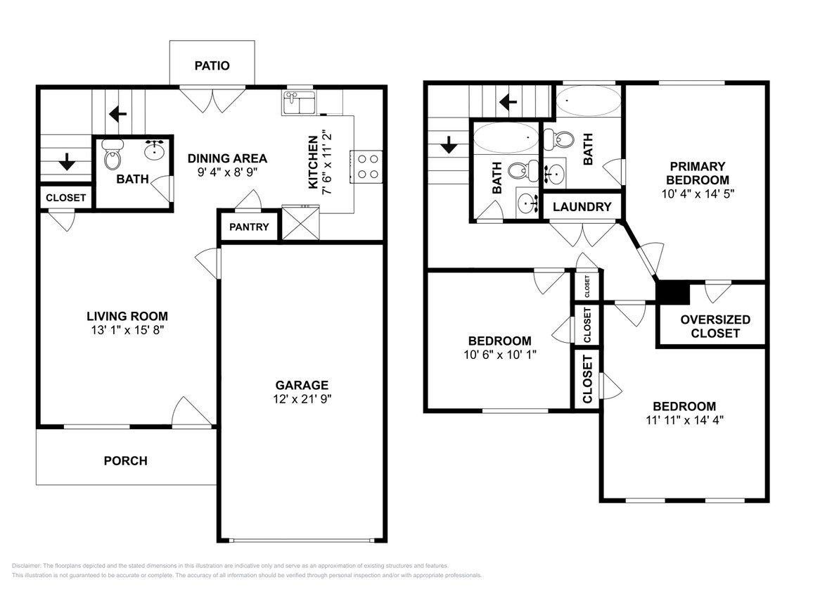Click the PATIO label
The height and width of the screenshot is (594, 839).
click(x=212, y=65)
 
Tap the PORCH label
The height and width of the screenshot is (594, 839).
click(x=126, y=461)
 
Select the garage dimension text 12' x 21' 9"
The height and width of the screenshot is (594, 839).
click(x=302, y=399)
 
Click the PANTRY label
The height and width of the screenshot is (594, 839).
click(x=249, y=227)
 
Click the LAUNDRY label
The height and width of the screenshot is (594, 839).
click(x=582, y=207)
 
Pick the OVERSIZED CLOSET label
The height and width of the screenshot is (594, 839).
click(x=715, y=326)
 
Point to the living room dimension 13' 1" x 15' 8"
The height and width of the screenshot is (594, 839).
click(x=127, y=329)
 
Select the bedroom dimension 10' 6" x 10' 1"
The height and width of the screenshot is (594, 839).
click(x=500, y=355)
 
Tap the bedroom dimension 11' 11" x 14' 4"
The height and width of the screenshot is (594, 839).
click(x=684, y=420)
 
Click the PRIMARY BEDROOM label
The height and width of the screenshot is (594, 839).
click(x=697, y=172)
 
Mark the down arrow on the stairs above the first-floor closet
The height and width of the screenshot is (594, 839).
click(x=67, y=163)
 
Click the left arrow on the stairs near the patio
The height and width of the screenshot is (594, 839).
click(x=117, y=113)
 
